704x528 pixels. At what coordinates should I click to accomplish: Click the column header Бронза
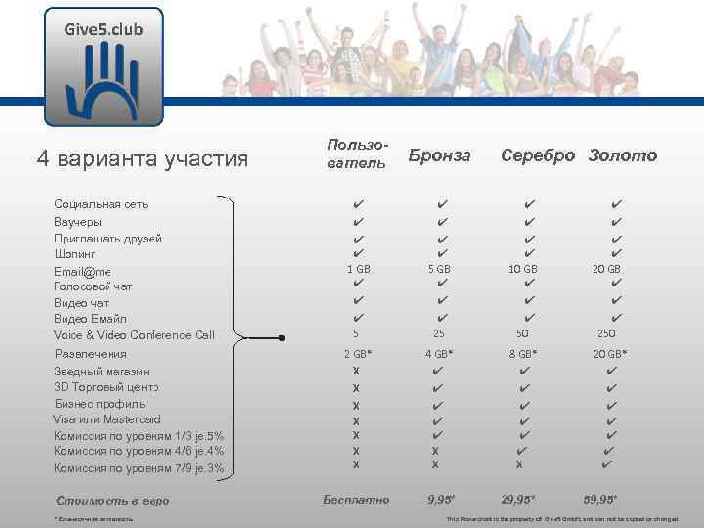[439, 155]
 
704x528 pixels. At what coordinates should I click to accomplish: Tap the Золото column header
[623, 155]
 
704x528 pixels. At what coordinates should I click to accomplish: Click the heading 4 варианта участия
[142, 158]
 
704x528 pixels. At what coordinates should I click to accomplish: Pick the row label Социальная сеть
[101, 204]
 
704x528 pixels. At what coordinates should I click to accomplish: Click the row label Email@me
[82, 271]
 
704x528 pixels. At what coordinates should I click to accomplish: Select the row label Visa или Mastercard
[107, 419]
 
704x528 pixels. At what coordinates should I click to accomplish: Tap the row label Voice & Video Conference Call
[134, 335]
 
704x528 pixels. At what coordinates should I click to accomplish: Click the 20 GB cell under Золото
[606, 269]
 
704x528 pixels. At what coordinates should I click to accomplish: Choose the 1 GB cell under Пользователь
[359, 269]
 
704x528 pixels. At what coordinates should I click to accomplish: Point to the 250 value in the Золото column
[606, 334]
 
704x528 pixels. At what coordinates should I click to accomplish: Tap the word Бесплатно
[356, 500]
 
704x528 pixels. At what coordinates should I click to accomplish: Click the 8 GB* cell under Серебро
[529, 353]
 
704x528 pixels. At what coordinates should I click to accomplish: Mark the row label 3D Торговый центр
[107, 387]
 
